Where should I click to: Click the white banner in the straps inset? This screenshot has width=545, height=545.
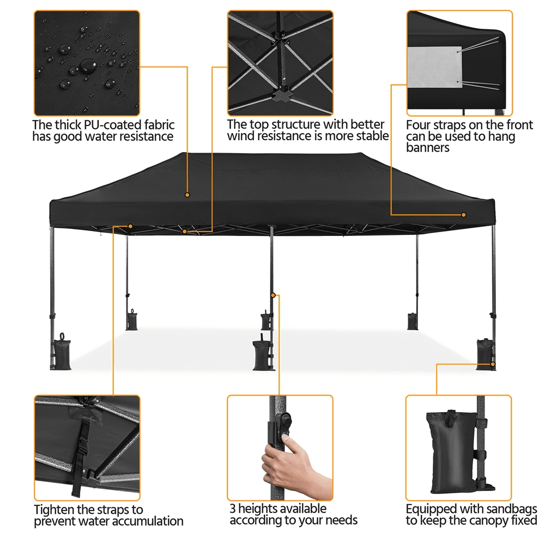(434, 66)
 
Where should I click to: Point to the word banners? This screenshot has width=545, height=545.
(427, 148)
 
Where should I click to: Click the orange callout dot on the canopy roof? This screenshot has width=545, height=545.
(187, 195)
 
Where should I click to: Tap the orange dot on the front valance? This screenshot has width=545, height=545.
(463, 215)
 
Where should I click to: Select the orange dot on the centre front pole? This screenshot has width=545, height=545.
(273, 295)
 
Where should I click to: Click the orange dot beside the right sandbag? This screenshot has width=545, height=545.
(493, 364)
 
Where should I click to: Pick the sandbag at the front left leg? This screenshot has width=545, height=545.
(62, 353)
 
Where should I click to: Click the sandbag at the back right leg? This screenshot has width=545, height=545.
(413, 321)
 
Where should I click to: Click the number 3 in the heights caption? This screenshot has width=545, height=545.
(233, 508)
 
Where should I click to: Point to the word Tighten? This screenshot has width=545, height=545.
(54, 510)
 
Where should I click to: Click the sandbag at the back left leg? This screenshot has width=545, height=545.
(132, 320)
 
